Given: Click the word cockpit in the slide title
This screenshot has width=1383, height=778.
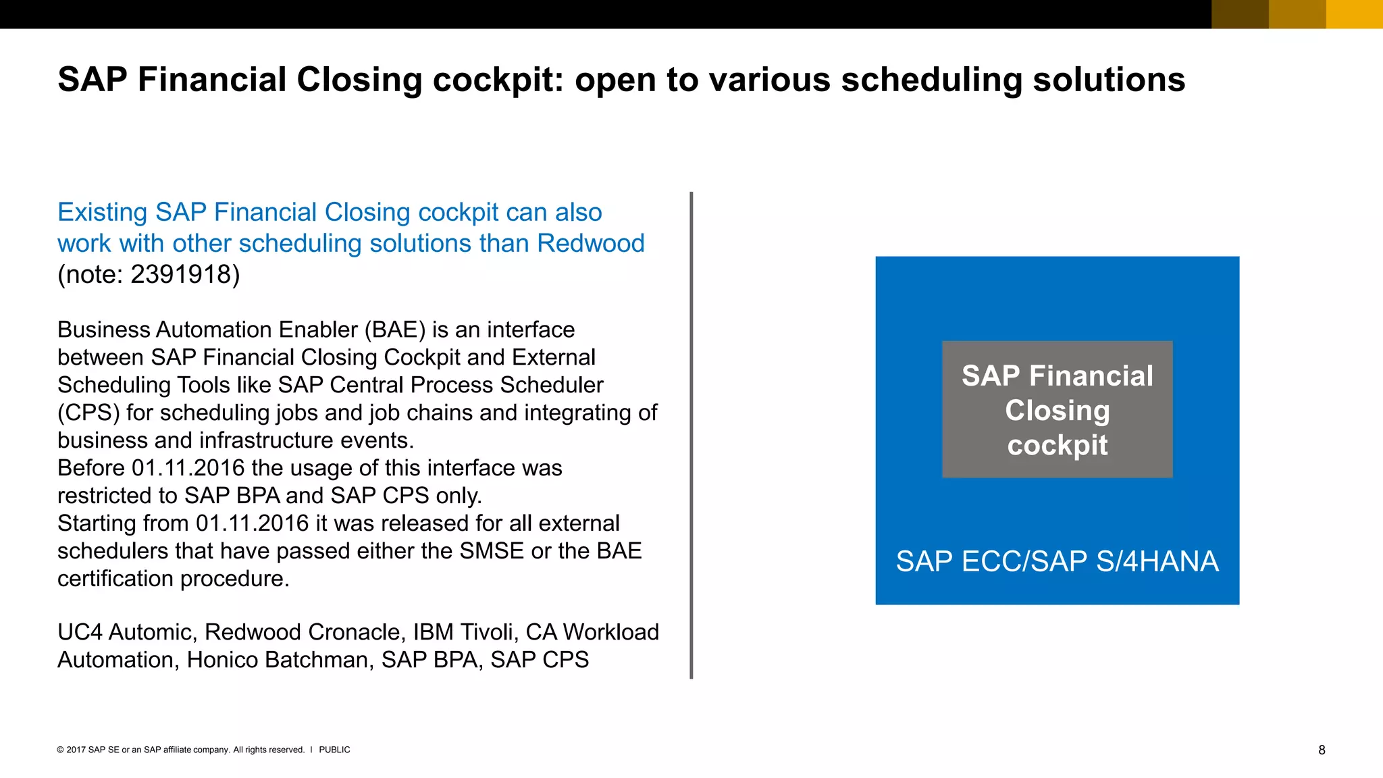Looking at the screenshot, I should (x=497, y=80).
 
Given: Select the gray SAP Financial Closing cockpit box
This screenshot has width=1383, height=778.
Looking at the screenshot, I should (x=1057, y=409).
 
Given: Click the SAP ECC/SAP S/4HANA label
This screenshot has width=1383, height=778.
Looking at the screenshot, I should (x=1057, y=562).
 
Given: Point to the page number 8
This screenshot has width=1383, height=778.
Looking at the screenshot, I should (x=1322, y=750).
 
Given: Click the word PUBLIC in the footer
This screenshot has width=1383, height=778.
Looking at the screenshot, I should (x=334, y=750).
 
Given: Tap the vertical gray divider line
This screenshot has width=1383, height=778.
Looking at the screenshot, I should (x=691, y=435).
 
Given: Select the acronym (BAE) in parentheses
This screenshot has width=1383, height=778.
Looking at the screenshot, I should (x=395, y=330).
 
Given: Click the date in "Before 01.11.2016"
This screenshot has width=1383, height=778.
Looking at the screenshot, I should (x=188, y=469).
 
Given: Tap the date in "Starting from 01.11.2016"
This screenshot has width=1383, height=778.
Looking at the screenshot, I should (x=253, y=524).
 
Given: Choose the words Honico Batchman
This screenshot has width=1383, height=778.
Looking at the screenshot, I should (x=280, y=660).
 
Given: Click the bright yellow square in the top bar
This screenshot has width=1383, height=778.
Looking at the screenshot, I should (x=1354, y=14).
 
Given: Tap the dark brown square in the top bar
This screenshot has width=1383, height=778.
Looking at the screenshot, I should (x=1240, y=14).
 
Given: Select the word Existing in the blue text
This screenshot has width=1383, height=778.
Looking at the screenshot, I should (x=102, y=213).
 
